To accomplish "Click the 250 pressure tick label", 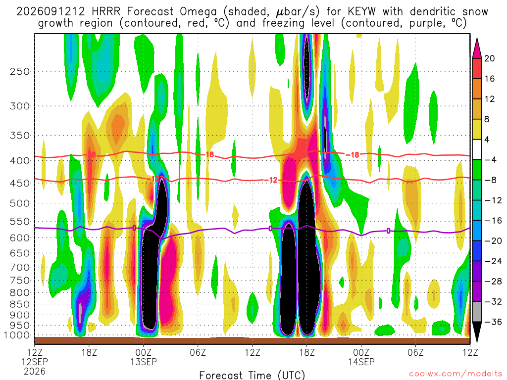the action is click(x=20, y=71).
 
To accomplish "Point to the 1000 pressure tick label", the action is click(x=17, y=335).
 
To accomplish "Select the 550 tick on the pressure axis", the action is click(x=20, y=222).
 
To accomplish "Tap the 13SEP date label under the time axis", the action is click(x=144, y=362).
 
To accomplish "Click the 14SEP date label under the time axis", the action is click(x=361, y=362).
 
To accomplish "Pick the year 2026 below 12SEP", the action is click(x=35, y=371).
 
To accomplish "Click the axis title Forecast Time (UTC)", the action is click(x=252, y=375).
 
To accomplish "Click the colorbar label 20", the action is click(x=490, y=58).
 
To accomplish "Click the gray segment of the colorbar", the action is click(x=477, y=312).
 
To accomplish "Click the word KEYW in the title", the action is click(x=362, y=12).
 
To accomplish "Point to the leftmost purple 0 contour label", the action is click(x=134, y=228).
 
